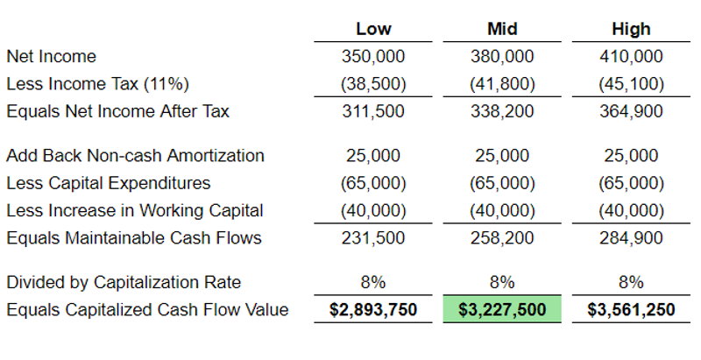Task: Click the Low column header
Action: pyautogui.click(x=373, y=30)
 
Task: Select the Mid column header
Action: pyautogui.click(x=503, y=30)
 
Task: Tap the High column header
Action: pyautogui.click(x=631, y=30)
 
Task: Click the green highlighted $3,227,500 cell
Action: pyautogui.click(x=503, y=310)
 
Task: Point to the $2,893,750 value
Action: pyautogui.click(x=373, y=310)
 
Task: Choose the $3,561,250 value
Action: pyautogui.click(x=631, y=310)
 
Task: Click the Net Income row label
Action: pyautogui.click(x=51, y=57)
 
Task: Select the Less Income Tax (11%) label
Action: pyautogui.click(x=97, y=85)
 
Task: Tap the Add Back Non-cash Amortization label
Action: pyautogui.click(x=135, y=156)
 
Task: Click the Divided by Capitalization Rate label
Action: pyautogui.click(x=124, y=282)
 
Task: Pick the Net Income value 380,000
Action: pyautogui.click(x=503, y=57)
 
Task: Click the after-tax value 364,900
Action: pyautogui.click(x=631, y=112)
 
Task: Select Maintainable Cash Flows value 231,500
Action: pyautogui.click(x=373, y=238)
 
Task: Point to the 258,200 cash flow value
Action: pyautogui.click(x=503, y=238)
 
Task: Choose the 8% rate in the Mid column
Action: pyautogui.click(x=503, y=282)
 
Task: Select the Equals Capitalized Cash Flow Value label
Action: pyautogui.click(x=147, y=310)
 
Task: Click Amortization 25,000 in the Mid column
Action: pyautogui.click(x=503, y=156)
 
